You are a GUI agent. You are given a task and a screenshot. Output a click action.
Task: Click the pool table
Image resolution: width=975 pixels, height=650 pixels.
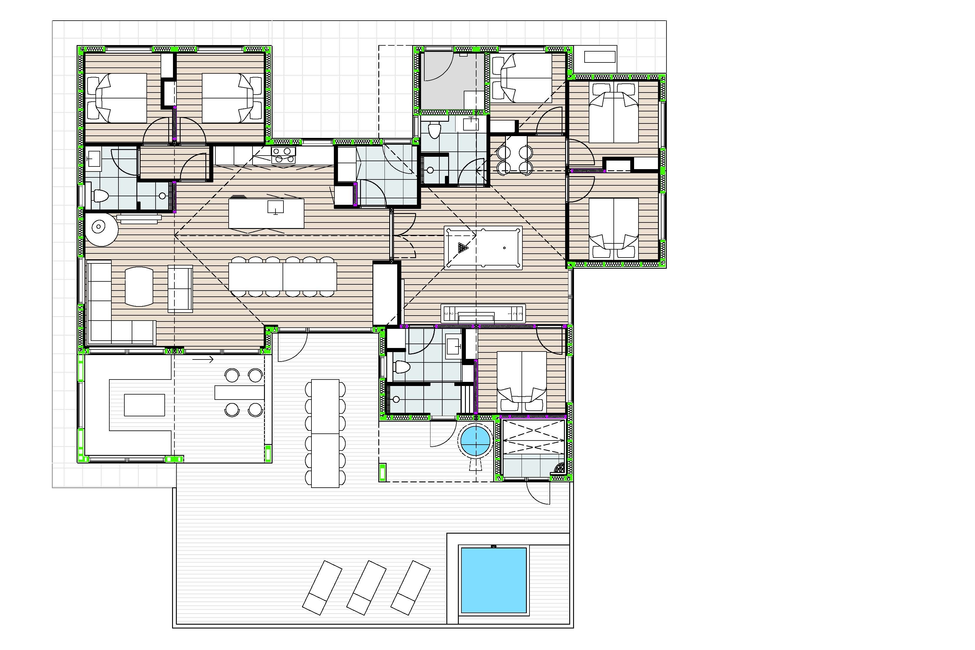pyautogui.click(x=483, y=248)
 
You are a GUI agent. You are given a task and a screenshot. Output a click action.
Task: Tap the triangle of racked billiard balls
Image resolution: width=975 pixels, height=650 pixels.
pyautogui.click(x=463, y=248)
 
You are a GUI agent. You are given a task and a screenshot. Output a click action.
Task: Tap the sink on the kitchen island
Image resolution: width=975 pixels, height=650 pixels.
pyautogui.click(x=275, y=207)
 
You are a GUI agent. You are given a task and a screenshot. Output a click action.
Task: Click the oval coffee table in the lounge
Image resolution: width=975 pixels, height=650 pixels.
pyautogui.click(x=139, y=286)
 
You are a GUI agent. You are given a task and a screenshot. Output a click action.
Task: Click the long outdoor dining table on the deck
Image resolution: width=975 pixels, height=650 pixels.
pyautogui.click(x=325, y=433)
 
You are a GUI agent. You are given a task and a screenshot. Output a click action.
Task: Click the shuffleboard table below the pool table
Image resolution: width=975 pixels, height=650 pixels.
pyautogui.click(x=483, y=314)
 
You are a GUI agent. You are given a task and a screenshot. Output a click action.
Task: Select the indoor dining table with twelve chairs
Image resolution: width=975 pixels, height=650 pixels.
pyautogui.click(x=283, y=276)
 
